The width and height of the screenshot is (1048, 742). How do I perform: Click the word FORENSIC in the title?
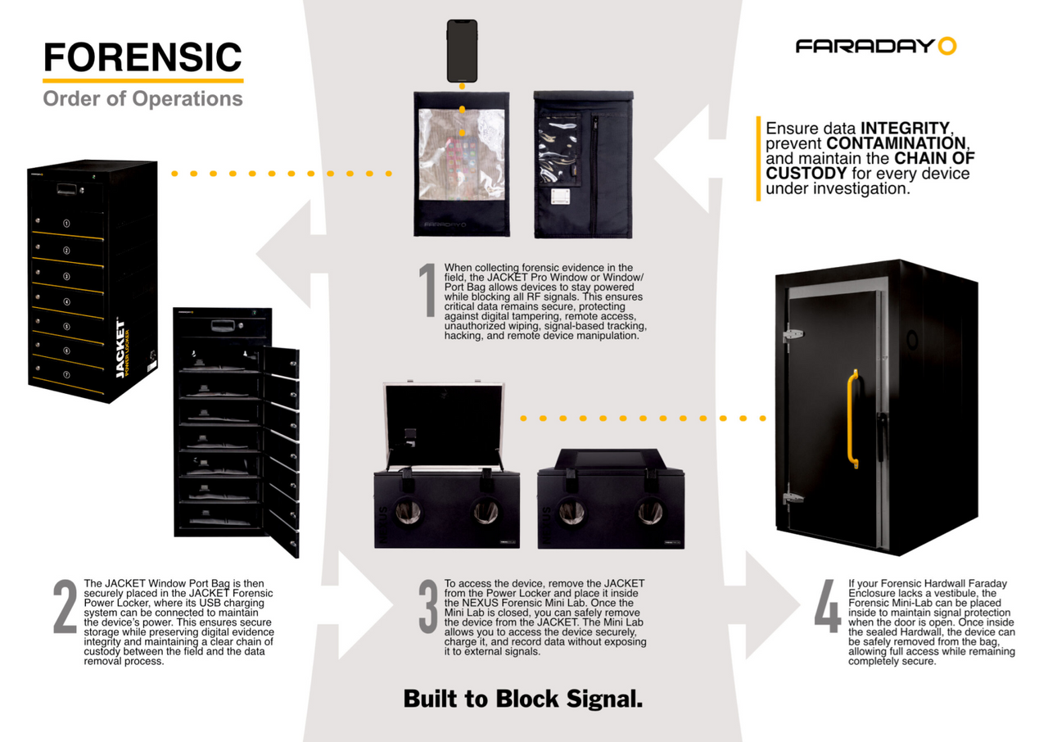[x=142, y=57]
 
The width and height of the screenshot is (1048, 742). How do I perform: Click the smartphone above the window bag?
[x=462, y=51]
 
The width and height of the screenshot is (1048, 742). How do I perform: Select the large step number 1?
[x=427, y=290]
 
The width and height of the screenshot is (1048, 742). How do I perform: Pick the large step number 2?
[x=65, y=606]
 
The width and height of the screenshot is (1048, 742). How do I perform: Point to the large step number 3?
[x=428, y=606]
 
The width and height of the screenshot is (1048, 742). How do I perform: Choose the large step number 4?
[x=828, y=606]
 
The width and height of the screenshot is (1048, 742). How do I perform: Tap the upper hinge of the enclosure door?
[x=793, y=334]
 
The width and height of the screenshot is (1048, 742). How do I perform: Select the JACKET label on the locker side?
[x=120, y=349]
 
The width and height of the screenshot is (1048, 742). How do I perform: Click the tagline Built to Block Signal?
[x=523, y=699]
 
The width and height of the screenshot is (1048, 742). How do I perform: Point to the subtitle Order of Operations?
[x=142, y=99]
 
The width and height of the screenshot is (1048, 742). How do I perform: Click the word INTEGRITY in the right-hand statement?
[x=905, y=129]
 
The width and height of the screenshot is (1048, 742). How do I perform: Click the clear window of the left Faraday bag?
[x=462, y=155]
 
